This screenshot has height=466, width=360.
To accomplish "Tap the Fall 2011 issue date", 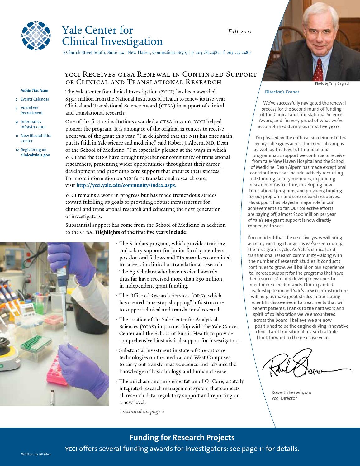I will click(240, 31).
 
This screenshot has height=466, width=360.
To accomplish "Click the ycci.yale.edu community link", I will click(126, 185).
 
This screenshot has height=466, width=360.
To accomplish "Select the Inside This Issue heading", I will click(34, 91).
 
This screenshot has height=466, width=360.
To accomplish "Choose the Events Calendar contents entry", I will click(35, 99).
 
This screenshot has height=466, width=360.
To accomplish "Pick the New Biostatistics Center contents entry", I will click(36, 138).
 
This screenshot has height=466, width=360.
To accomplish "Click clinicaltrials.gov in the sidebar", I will click(35, 155).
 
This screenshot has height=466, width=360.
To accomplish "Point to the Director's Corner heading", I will click(282, 92).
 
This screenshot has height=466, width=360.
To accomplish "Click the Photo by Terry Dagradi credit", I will click(332, 83).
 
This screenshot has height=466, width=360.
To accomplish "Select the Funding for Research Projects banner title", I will click(182, 438).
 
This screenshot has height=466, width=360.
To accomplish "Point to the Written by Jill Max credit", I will click(36, 454).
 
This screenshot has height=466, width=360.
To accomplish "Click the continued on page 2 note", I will click(142, 411).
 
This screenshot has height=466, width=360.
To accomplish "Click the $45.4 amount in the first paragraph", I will click(72, 99).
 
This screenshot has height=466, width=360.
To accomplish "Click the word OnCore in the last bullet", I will click(215, 381).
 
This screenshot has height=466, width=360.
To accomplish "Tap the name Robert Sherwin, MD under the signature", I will click(291, 392).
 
